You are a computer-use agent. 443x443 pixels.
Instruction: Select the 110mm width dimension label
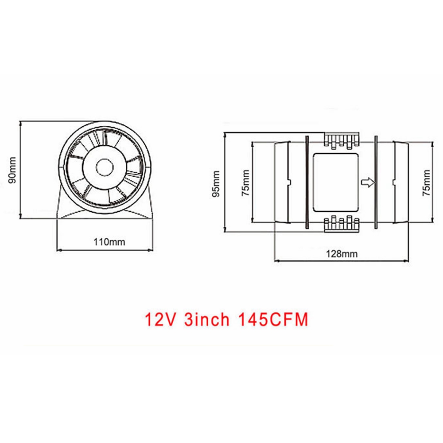[x=109, y=241]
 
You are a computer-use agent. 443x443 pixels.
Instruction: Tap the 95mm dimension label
[x=216, y=182]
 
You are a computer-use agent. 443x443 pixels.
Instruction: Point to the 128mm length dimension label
[x=342, y=254]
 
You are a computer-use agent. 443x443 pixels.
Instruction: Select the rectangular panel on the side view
[x=335, y=182]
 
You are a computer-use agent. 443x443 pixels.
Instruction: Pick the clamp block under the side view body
[x=341, y=224]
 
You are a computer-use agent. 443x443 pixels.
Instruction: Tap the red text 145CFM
[x=271, y=319]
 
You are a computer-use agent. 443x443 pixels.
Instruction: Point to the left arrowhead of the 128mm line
[x=277, y=260]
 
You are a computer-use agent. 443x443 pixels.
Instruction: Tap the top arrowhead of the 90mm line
[x=21, y=122]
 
